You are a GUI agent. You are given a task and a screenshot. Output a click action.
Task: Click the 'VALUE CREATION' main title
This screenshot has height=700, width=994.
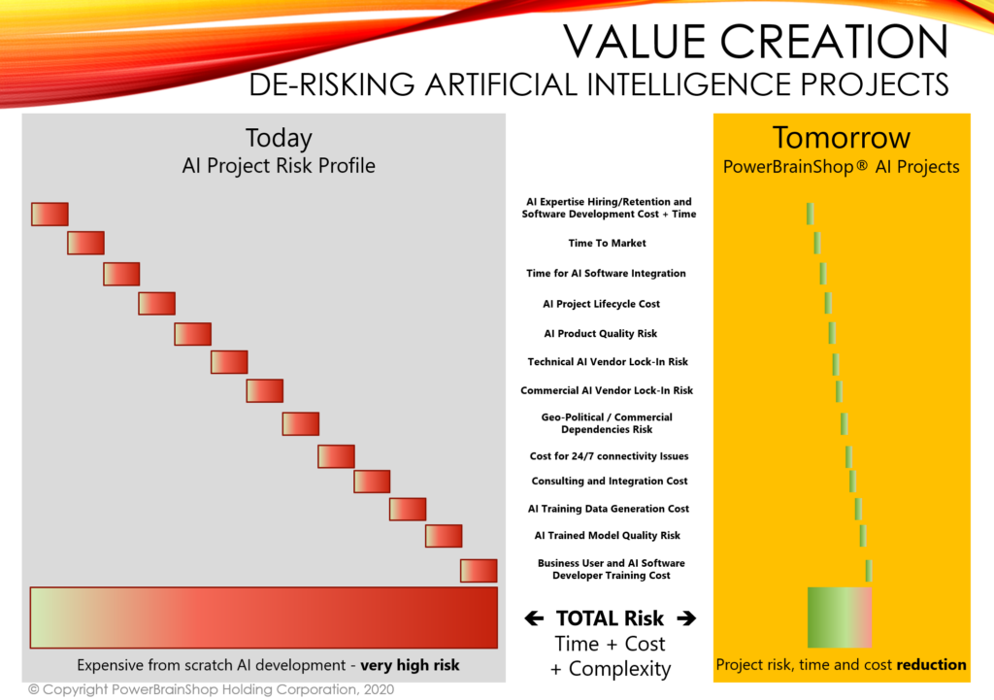755,42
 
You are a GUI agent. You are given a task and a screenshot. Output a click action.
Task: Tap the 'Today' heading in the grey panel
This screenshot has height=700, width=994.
279,138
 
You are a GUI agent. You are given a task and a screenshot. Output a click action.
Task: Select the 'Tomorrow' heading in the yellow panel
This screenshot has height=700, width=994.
842,138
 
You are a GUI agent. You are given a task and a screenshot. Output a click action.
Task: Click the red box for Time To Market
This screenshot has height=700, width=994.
86,243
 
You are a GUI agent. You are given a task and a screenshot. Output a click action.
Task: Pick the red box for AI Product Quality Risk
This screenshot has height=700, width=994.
193,334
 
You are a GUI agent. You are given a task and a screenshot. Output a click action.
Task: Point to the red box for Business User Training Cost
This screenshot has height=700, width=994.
479,571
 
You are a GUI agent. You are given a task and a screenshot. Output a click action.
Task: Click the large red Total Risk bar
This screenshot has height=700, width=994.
264,617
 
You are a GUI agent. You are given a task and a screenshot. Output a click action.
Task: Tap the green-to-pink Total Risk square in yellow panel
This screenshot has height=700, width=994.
840,617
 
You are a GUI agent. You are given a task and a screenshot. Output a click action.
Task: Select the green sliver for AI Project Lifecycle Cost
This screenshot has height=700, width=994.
828,303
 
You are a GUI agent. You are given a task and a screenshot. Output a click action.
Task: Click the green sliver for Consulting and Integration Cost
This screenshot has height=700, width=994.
852,482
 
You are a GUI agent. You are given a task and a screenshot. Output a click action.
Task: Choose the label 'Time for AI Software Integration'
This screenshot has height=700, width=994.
606,273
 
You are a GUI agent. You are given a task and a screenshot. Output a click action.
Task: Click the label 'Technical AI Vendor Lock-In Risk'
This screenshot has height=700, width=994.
608,361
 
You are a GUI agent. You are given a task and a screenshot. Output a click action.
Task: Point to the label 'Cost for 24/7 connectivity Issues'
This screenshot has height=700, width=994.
610,456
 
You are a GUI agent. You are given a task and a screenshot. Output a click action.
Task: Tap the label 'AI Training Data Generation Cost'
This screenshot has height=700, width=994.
609,509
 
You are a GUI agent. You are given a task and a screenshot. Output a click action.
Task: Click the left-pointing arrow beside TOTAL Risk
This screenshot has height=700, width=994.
535,618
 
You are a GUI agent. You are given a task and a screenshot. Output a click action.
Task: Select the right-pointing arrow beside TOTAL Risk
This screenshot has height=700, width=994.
686,618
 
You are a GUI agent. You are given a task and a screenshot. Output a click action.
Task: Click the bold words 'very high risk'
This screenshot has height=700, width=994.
411,666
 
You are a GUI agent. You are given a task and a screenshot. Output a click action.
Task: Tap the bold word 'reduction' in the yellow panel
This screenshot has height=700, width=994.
931,664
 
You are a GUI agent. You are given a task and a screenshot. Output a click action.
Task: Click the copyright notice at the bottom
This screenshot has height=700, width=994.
211,690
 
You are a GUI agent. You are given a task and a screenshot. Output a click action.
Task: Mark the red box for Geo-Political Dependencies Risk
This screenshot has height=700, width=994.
301,423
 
